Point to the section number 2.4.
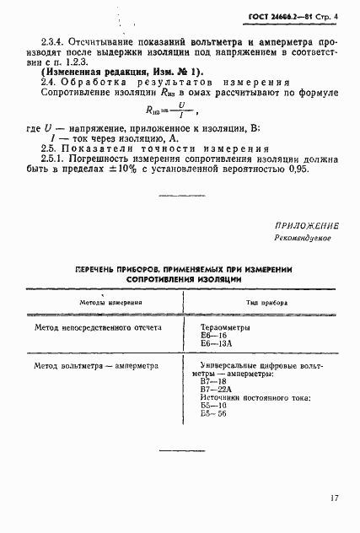click(x=50, y=83)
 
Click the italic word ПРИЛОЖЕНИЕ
click(x=307, y=226)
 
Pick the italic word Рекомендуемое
click(x=304, y=239)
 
